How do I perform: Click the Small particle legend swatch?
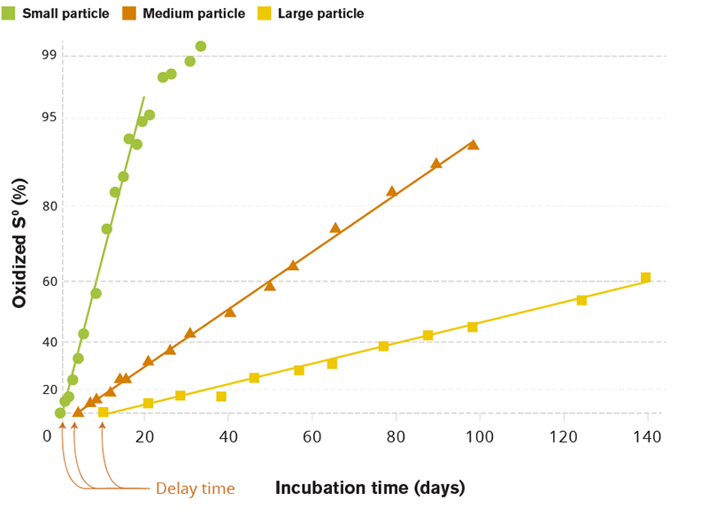[9, 13]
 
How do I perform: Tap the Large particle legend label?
[320, 13]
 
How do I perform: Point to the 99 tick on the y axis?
[48, 56]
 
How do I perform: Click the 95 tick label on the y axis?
[48, 118]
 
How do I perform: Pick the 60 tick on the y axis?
[48, 281]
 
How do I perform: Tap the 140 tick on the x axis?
[647, 436]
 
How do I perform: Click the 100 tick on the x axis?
[480, 436]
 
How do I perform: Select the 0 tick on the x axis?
[48, 436]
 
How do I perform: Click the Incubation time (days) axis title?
[370, 488]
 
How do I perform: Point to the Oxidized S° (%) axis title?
[19, 241]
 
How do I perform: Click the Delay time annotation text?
[195, 489]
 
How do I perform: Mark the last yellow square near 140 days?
[645, 278]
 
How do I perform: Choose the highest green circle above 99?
[201, 46]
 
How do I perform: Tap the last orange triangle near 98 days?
[473, 144]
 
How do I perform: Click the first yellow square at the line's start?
[104, 412]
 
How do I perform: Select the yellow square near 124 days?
[581, 300]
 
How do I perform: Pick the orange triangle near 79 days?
[391, 191]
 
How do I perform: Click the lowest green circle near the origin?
[60, 412]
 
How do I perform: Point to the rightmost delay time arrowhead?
[103, 427]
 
